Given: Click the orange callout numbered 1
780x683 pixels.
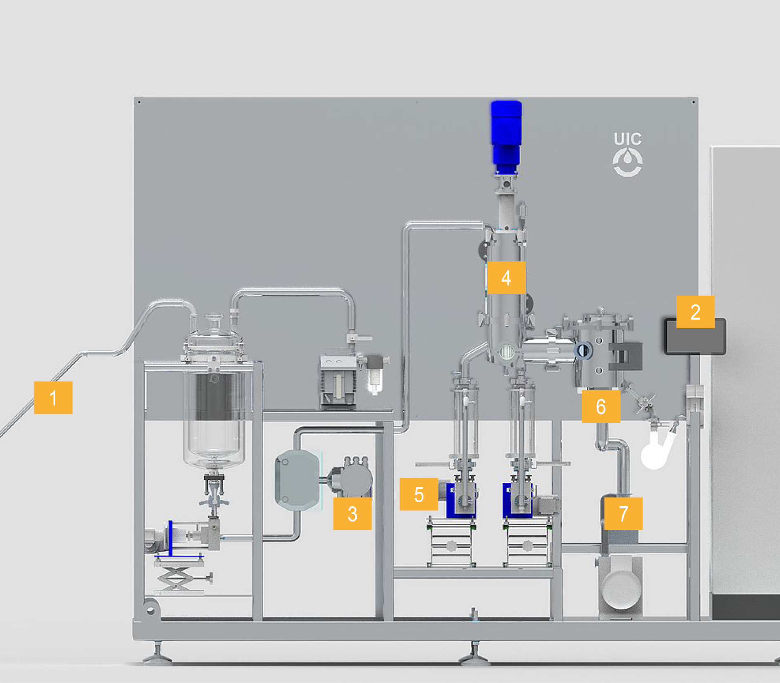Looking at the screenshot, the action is (53, 397).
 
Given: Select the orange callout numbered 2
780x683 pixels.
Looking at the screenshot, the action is (695, 312).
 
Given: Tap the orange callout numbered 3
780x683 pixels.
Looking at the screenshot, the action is (352, 514).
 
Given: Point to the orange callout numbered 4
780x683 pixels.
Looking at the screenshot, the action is (506, 277).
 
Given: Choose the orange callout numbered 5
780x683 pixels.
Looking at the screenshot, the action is (419, 494).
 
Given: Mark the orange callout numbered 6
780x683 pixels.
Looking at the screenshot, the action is (601, 406).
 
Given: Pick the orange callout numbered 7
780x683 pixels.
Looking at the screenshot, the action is (624, 514).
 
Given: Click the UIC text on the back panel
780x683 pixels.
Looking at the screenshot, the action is (627, 139).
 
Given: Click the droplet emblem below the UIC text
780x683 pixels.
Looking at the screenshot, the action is (628, 162).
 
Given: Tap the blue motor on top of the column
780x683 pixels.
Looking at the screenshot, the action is (506, 136).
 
